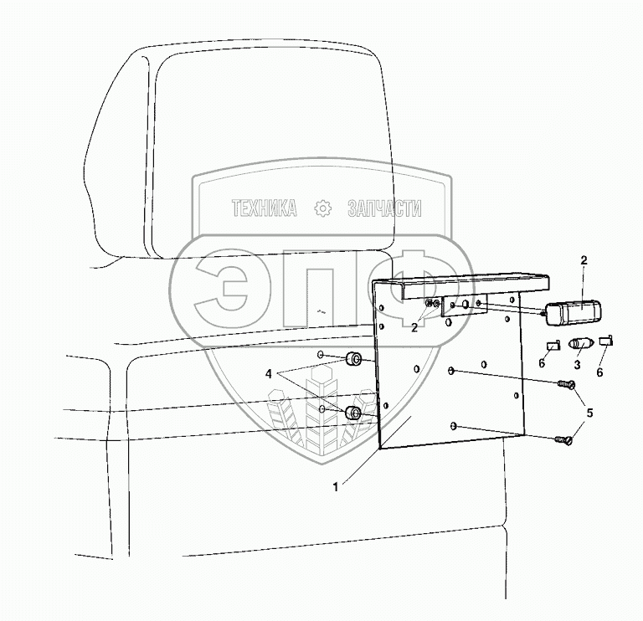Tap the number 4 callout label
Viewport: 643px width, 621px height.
tap(269, 373)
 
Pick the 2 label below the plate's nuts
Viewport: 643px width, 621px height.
tap(414, 327)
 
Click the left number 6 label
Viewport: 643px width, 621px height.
tap(543, 363)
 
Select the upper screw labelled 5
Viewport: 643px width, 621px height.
tap(564, 385)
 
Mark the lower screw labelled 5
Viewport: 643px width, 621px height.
tap(563, 438)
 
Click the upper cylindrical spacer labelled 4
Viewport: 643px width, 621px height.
tap(354, 362)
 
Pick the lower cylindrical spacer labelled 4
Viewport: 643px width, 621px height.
tap(354, 413)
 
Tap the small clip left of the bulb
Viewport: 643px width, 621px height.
tap(552, 342)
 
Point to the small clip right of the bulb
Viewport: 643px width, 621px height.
tap(605, 340)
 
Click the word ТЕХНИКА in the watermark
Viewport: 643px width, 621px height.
tap(265, 209)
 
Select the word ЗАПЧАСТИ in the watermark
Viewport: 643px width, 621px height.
tap(384, 209)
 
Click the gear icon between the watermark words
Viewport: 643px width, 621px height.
tap(321, 209)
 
